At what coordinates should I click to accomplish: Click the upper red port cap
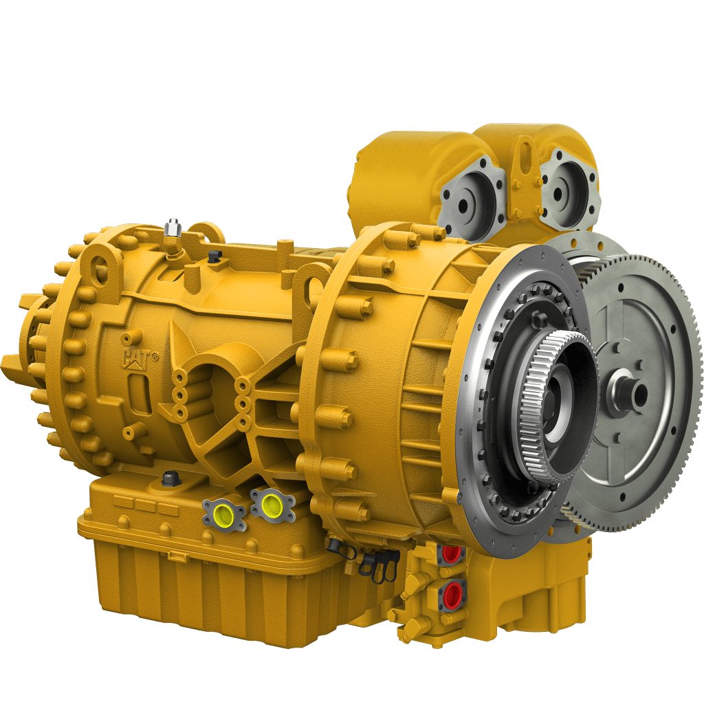point(452,552)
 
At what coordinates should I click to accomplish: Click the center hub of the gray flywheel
point(630,393)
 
